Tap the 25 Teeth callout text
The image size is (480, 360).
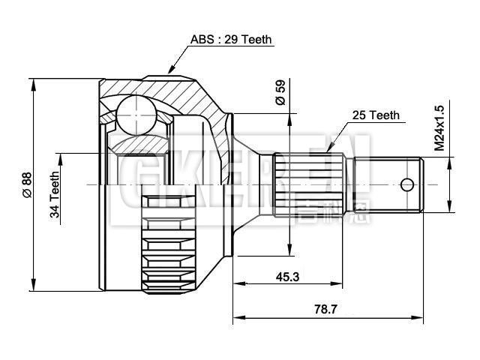(x=376, y=115)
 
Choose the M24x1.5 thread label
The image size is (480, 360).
(x=440, y=128)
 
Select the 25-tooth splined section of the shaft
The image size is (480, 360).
(x=312, y=184)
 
